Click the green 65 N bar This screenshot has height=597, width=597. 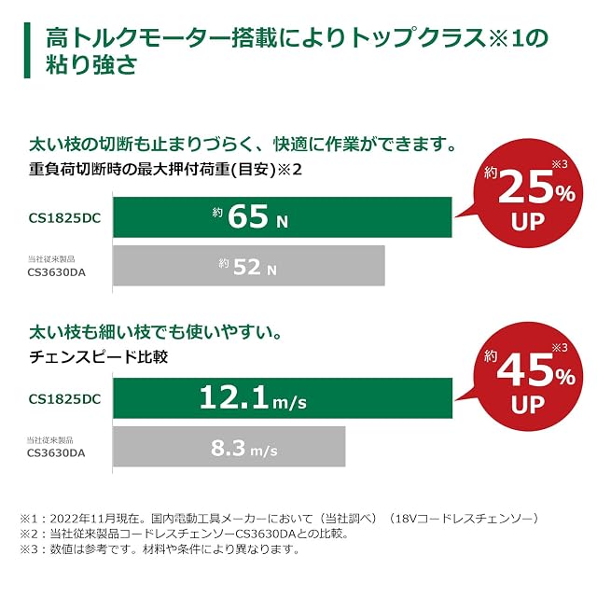(x=283, y=217)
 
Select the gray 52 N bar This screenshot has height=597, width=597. (x=249, y=265)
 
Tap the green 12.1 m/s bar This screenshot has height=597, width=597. (x=283, y=398)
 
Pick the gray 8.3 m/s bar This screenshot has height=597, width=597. (x=229, y=447)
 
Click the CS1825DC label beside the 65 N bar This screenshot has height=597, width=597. (x=64, y=218)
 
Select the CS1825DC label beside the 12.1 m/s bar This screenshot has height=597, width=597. (x=64, y=399)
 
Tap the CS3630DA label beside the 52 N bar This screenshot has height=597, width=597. (x=56, y=272)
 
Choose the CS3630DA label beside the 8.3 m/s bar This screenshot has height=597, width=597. (x=56, y=453)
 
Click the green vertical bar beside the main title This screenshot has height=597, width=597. (x=27, y=50)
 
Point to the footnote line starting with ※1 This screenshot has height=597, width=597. (x=280, y=519)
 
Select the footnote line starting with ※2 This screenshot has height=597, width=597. (x=185, y=534)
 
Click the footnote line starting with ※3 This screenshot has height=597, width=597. (x=160, y=549)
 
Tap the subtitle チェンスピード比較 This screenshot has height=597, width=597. (x=99, y=356)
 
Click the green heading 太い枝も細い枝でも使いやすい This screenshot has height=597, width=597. (x=156, y=332)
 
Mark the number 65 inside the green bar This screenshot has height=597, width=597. (x=248, y=216)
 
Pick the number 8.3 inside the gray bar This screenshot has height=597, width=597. (x=228, y=448)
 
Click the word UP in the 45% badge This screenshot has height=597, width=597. (x=528, y=404)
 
